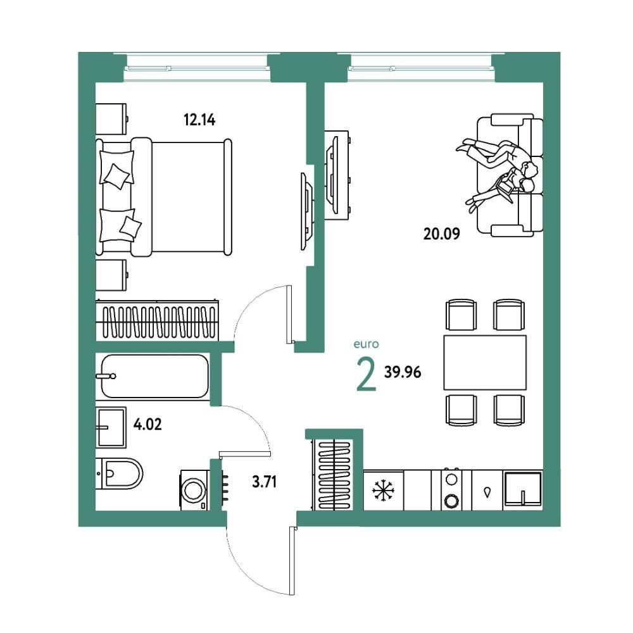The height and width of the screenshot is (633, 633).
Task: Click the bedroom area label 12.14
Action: [x=199, y=120]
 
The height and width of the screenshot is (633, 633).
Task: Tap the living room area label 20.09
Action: [x=441, y=234]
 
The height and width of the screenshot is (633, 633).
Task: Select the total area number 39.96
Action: [x=403, y=372]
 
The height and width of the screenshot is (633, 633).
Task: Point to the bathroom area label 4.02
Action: [x=147, y=424]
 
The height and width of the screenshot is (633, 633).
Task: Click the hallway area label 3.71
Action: [x=265, y=482]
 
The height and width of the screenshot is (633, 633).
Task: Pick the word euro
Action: [x=366, y=344]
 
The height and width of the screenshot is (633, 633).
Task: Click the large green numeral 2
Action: [x=367, y=375]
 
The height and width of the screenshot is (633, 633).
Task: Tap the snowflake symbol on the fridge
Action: [x=383, y=491]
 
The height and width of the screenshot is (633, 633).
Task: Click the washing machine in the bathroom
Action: [x=194, y=490]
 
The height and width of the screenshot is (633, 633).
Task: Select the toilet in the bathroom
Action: [x=119, y=473]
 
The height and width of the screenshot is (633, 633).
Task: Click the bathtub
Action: [x=155, y=376]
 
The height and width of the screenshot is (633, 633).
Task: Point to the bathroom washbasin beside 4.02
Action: [x=111, y=427]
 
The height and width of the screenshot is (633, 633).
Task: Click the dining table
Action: [x=485, y=363]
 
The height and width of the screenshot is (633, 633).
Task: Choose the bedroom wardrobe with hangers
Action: [x=158, y=320]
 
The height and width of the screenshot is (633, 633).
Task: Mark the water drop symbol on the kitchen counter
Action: [x=487, y=492]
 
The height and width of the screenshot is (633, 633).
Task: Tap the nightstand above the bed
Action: [x=111, y=119]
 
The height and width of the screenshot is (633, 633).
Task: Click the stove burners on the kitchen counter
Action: [x=451, y=490]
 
